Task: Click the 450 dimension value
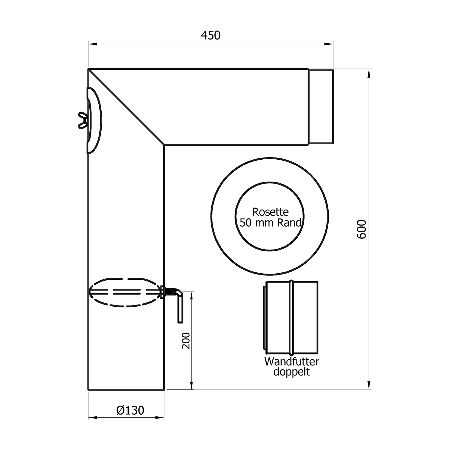pyautogui.click(x=210, y=35)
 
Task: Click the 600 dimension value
pyautogui.click(x=361, y=229)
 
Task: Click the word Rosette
pyautogui.click(x=270, y=212)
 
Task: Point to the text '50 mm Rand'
pyautogui.click(x=270, y=223)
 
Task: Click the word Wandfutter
pyautogui.click(x=291, y=361)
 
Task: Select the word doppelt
pyautogui.click(x=291, y=372)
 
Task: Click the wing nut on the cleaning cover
pyautogui.click(x=83, y=120)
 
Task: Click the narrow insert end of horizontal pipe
pyautogui.click(x=321, y=106)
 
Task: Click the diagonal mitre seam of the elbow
pyautogui.click(x=126, y=107)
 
